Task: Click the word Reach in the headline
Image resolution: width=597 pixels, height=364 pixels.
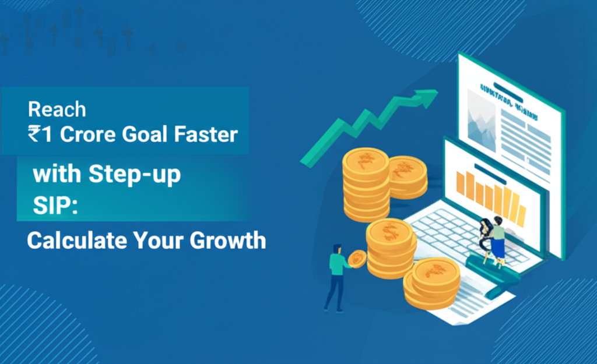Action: tap(57, 109)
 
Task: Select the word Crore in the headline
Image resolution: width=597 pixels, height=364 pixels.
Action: tap(89, 135)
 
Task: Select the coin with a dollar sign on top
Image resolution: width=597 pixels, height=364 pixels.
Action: tap(389, 231)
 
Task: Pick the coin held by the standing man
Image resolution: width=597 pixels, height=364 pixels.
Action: tap(357, 259)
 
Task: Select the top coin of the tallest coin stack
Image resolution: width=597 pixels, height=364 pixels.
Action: tap(366, 160)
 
